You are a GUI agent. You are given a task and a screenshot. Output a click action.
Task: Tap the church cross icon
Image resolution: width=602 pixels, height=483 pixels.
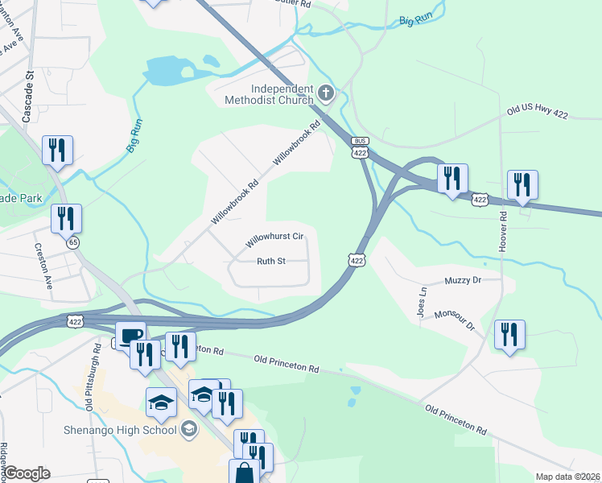click(327, 93)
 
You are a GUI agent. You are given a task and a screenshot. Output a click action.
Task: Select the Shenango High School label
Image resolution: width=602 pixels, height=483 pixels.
click(120, 429)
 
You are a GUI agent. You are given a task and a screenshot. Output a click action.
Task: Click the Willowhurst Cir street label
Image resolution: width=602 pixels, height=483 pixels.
click(274, 237)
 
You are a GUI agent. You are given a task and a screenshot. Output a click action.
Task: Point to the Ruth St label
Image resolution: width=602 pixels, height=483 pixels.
click(271, 261)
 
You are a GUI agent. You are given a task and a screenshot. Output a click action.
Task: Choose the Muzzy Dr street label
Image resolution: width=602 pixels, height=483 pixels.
click(462, 280)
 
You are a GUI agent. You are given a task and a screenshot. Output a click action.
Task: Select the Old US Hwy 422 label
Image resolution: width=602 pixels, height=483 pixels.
click(537, 114)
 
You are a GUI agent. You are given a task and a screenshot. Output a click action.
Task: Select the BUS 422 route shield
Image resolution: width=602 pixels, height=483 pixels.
click(360, 149)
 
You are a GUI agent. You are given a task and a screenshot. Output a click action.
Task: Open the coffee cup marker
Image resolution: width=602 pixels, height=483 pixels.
click(130, 335)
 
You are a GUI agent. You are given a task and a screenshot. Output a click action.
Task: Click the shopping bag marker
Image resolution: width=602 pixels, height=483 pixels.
click(244, 473)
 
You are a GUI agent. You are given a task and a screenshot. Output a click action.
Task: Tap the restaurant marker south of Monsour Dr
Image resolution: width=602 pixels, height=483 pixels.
click(509, 334)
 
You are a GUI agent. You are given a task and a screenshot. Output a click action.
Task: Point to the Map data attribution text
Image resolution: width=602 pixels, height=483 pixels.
click(568, 477)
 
